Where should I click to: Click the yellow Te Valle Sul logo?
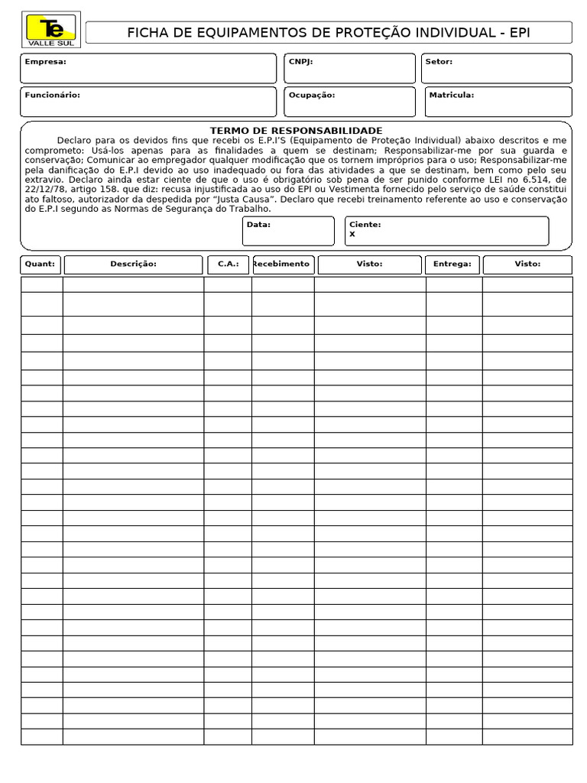click(x=51, y=31)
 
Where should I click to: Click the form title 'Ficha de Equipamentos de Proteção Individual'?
click(x=328, y=32)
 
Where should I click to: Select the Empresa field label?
click(x=45, y=62)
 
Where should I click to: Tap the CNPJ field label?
click(x=300, y=62)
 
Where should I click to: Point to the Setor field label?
click(x=439, y=62)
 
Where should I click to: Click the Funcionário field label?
click(x=52, y=96)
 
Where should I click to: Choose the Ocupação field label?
click(x=312, y=96)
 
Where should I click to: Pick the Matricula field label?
click(x=452, y=96)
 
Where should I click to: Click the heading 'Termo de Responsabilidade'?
click(x=296, y=131)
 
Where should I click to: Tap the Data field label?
click(x=258, y=225)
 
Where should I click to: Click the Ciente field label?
click(x=365, y=225)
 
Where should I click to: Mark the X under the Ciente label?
click(x=352, y=235)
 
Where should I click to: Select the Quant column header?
click(x=41, y=264)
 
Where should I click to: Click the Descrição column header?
click(x=133, y=264)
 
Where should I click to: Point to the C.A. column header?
click(x=228, y=264)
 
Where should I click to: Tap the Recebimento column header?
click(x=281, y=264)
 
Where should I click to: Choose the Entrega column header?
click(x=452, y=264)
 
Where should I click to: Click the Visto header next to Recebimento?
click(x=369, y=264)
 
